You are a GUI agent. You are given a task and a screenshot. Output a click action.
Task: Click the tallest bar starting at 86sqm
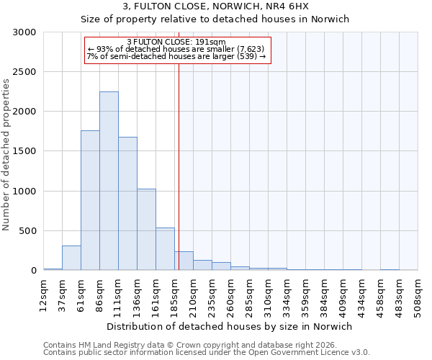pos(109,181)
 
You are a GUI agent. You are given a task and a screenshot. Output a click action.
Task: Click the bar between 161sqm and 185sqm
pos(165,249)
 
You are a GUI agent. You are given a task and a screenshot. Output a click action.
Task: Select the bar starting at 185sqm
pos(184,261)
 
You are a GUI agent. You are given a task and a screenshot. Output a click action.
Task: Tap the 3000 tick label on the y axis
pos(24,32)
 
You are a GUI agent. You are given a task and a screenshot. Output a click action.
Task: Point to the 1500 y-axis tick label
pos(24,151)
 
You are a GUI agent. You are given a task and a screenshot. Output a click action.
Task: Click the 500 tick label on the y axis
pos(27,231)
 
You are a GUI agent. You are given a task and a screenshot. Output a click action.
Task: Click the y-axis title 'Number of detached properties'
pos(6,154)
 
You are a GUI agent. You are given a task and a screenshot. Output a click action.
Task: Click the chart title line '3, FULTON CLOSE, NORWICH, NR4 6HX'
pos(215,6)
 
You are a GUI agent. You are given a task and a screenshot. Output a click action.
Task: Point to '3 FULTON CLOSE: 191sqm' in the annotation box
pos(176,42)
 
